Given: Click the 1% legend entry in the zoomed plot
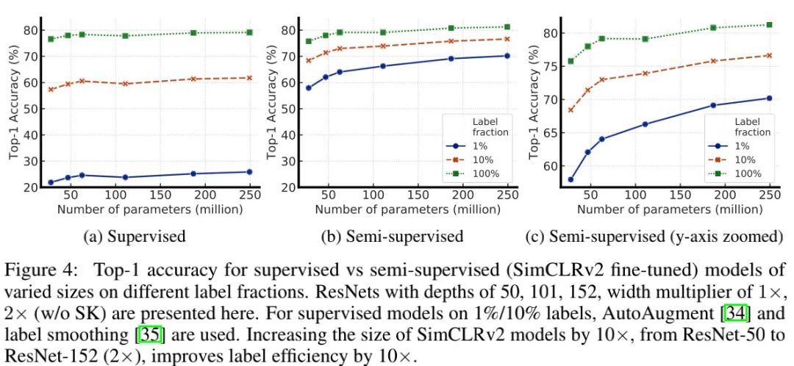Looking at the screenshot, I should tap(739, 146).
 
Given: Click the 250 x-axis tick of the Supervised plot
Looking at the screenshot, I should tap(250, 198).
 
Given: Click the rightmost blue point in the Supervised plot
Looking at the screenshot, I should tap(250, 172).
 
